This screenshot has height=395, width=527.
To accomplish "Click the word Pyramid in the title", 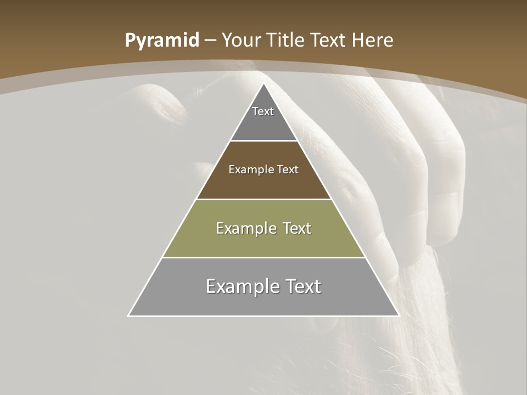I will (161, 41).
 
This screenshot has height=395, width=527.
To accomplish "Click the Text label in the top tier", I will (263, 111).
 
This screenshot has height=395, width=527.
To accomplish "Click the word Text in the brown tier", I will (288, 170).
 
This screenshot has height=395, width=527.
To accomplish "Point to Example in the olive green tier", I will (245, 228).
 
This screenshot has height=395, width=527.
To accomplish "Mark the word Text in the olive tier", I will (296, 228).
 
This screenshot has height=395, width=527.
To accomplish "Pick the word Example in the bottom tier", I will (240, 286).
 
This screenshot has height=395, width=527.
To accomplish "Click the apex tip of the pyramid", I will (263, 84).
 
